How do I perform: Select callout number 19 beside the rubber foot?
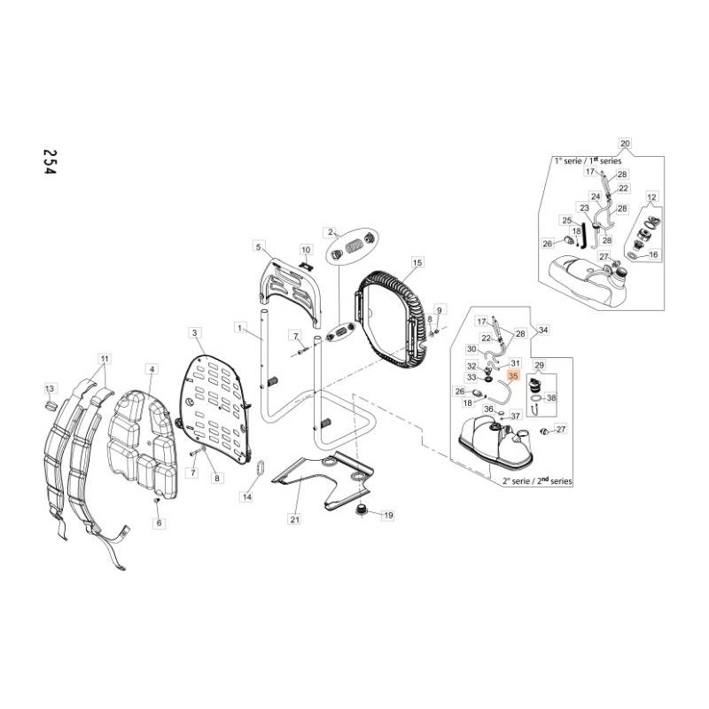pyautogui.click(x=387, y=515)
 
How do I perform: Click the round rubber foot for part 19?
pyautogui.click(x=362, y=511)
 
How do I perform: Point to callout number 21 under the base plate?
pyautogui.click(x=294, y=519)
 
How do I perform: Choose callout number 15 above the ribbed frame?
pyautogui.click(x=417, y=263)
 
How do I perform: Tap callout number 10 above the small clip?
pyautogui.click(x=306, y=250)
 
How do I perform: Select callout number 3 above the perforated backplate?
pyautogui.click(x=194, y=332)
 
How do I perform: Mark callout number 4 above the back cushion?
pyautogui.click(x=152, y=369)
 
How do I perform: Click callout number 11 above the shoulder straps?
pyautogui.click(x=104, y=359)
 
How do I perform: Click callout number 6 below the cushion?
pyautogui.click(x=160, y=524)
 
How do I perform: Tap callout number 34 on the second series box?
pyautogui.click(x=543, y=330)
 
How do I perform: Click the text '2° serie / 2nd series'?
pyautogui.click(x=537, y=480)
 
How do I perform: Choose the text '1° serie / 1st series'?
pyautogui.click(x=587, y=161)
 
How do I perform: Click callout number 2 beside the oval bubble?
pyautogui.click(x=331, y=232)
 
